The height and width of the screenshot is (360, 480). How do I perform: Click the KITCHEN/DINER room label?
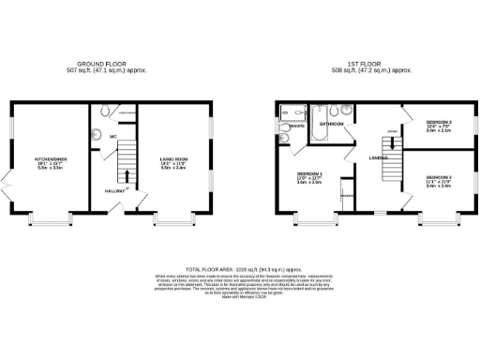click(49, 159)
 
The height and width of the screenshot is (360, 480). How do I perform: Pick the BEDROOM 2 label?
click(439, 123)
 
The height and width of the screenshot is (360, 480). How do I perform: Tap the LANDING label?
click(378, 157)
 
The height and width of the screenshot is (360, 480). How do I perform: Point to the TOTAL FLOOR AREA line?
click(240, 268)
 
